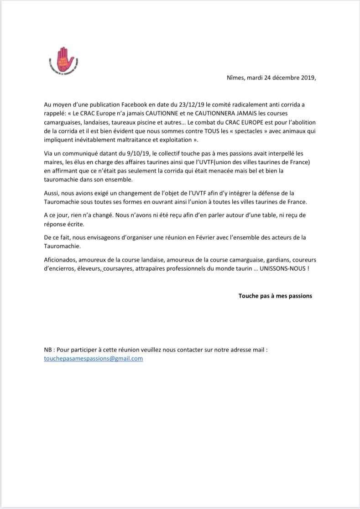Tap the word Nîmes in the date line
pyautogui.click(x=236, y=78)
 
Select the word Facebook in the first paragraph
pyautogui.click(x=144, y=104)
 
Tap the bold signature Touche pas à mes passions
pyautogui.click(x=275, y=295)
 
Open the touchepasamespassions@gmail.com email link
pyautogui.click(x=94, y=358)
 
